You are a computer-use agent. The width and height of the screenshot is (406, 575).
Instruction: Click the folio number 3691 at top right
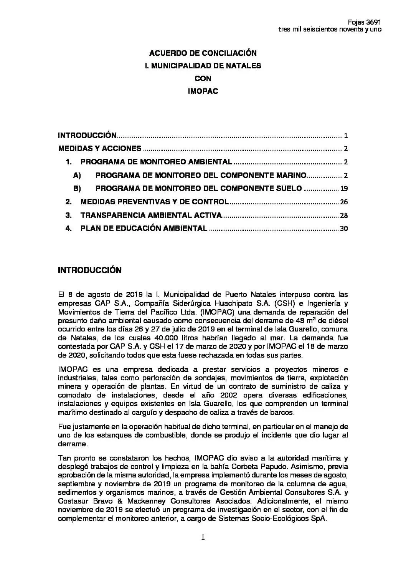pyautogui.click(x=373, y=22)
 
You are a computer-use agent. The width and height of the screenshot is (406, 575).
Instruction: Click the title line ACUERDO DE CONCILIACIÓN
pyautogui.click(x=203, y=53)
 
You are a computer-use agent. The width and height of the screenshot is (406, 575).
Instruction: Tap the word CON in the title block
pyautogui.click(x=203, y=78)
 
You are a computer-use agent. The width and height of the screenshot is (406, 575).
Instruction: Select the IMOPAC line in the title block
pyautogui.click(x=203, y=91)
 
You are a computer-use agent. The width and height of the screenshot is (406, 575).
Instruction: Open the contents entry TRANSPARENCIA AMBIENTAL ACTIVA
pyautogui.click(x=151, y=215)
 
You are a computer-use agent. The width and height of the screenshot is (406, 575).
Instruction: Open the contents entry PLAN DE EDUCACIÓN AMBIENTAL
pyautogui.click(x=144, y=229)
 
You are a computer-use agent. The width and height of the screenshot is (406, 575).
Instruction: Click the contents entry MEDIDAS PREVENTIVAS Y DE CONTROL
pyautogui.click(x=154, y=202)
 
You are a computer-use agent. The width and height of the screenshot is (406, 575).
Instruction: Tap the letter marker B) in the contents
pyautogui.click(x=77, y=188)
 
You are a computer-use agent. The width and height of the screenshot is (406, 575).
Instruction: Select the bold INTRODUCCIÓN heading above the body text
pyautogui.click(x=89, y=270)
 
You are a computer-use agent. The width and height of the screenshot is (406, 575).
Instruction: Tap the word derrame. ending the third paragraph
pyautogui.click(x=72, y=444)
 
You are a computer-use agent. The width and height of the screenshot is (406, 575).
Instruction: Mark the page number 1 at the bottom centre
pyautogui.click(x=203, y=537)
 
